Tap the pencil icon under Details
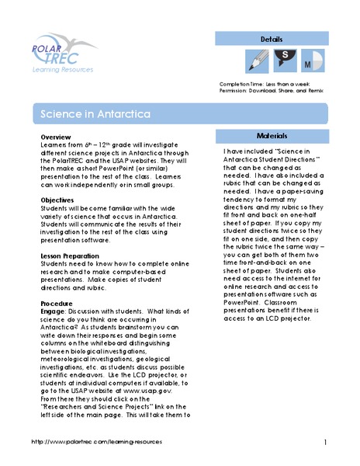coord(255,61)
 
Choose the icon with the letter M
coord(308,61)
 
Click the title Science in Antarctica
coord(85,113)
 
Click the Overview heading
coord(56,137)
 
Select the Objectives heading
coord(58,200)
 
